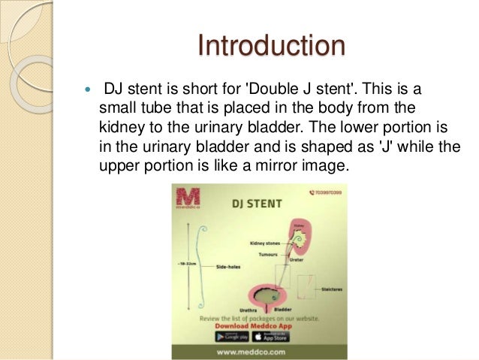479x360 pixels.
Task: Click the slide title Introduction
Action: click(272, 47)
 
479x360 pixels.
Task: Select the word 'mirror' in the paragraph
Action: click(271, 160)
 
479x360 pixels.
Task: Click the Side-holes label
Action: click(226, 267)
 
